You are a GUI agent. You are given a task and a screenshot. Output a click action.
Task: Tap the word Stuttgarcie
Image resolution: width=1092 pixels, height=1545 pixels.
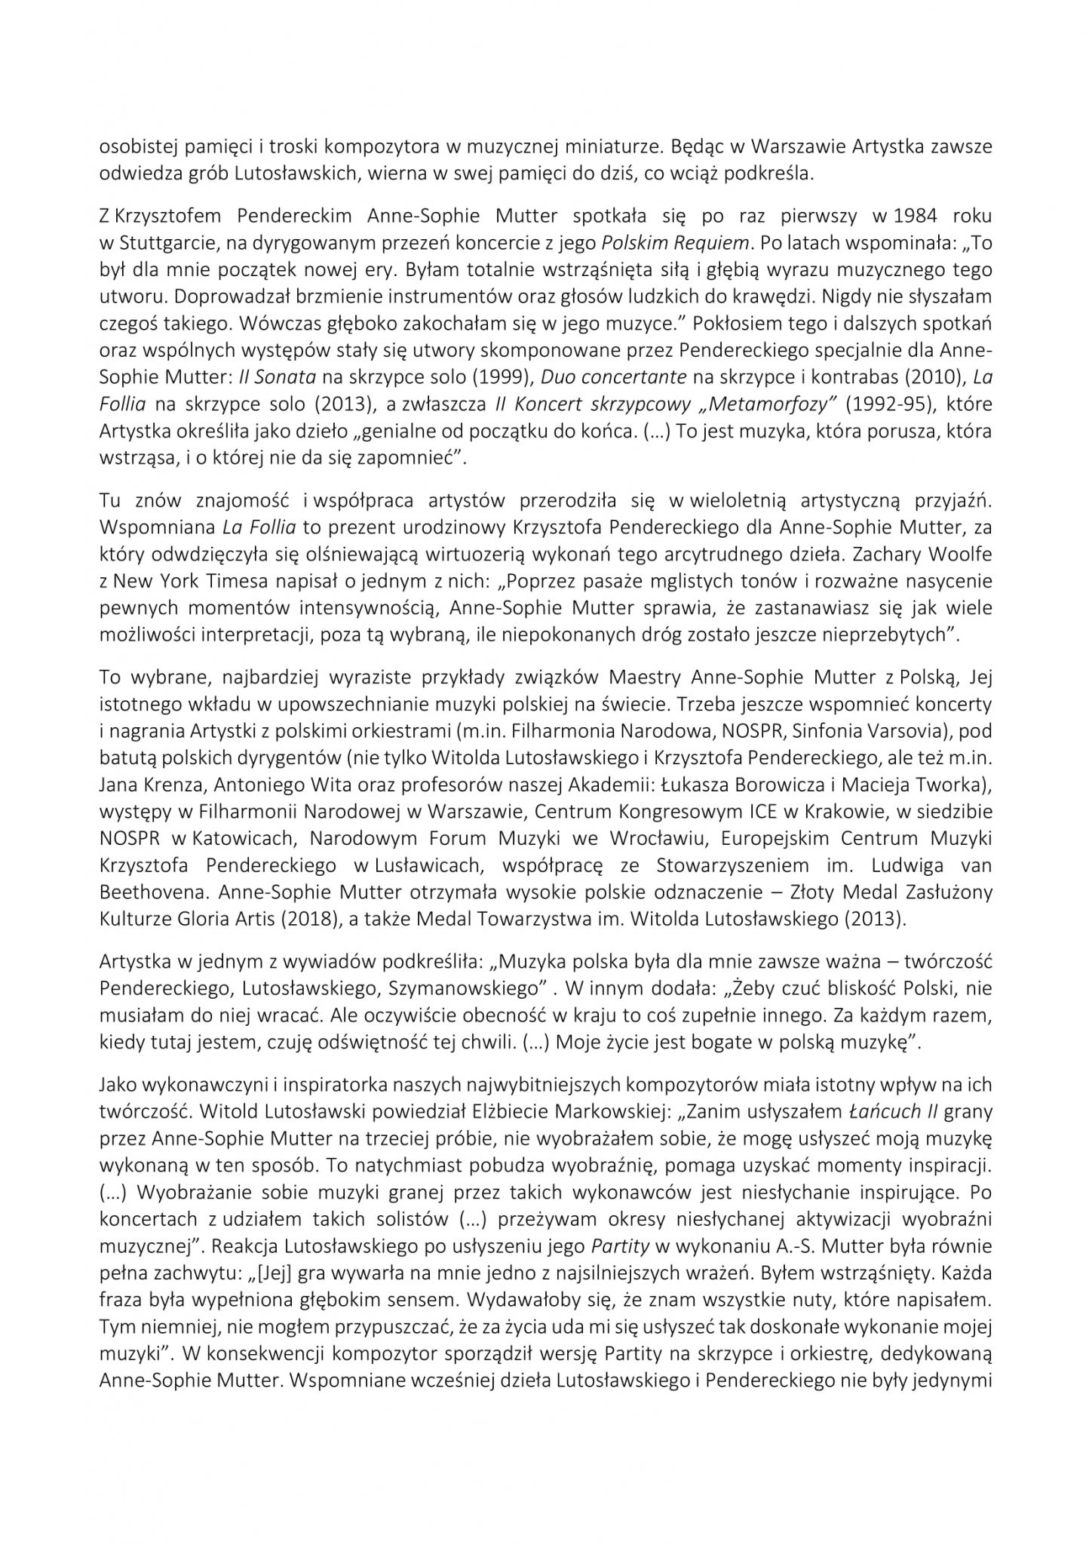159,242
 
